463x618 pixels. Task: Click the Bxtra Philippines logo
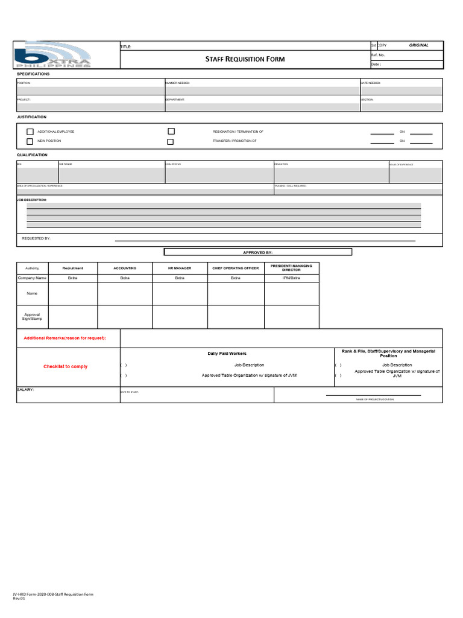coord(53,55)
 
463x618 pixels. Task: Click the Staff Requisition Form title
coord(245,59)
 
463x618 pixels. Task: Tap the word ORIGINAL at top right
coord(418,45)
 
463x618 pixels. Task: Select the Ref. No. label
coord(378,55)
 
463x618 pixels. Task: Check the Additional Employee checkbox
coord(30,132)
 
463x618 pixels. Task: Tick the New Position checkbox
coord(30,141)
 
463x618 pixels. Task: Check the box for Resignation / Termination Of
coord(171,131)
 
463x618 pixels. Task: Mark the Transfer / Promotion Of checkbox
coord(171,142)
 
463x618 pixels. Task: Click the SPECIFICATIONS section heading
coord(33,74)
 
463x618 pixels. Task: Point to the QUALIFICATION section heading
coord(31,155)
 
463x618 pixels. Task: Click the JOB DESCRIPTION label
coord(31,199)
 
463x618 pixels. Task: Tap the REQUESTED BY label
coord(36,238)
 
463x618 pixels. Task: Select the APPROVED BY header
coord(257,252)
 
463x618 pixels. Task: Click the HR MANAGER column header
coord(180,268)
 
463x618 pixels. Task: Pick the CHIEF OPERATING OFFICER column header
coord(235,268)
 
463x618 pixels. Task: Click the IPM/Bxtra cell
coord(291,278)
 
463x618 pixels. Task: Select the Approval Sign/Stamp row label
coord(32,316)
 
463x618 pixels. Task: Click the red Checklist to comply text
coord(65,366)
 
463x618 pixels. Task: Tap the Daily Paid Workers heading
coord(227,353)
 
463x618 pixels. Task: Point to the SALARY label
coord(25,390)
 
